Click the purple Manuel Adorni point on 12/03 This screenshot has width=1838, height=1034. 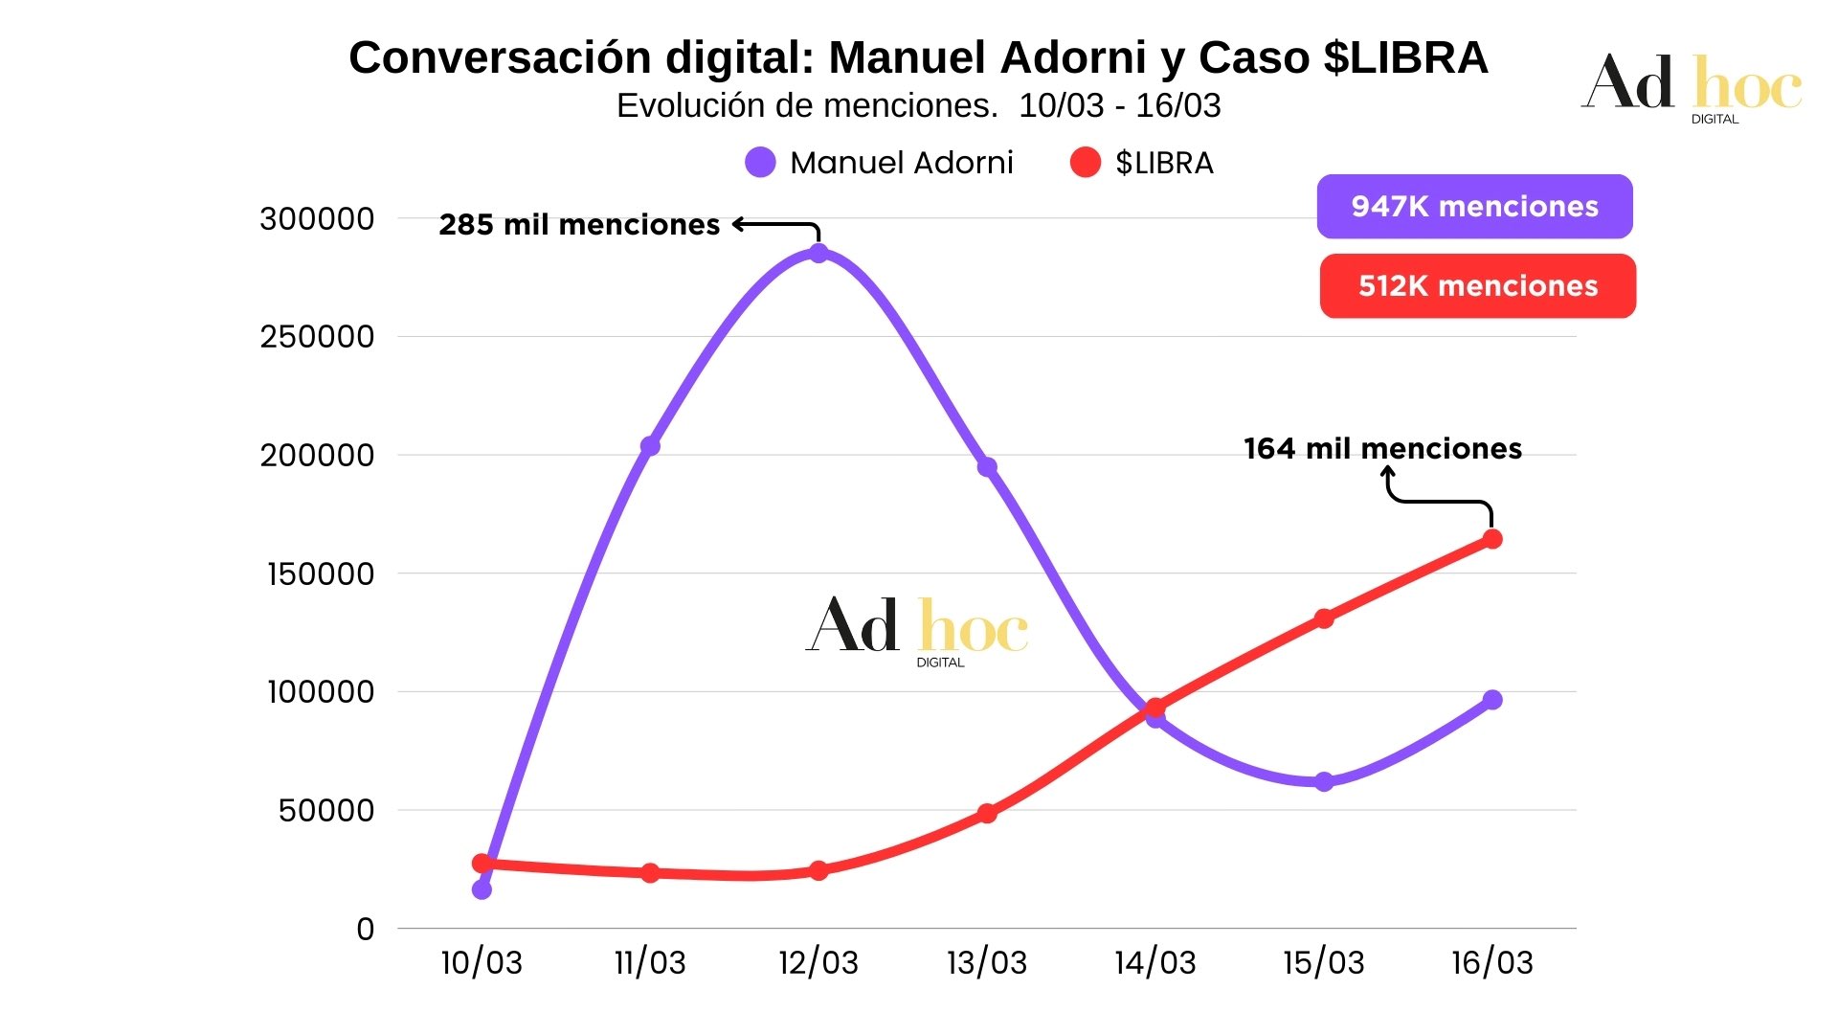pyautogui.click(x=818, y=254)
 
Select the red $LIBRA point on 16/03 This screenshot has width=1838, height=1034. pyautogui.click(x=1492, y=539)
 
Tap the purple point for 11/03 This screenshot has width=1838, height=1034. pyautogui.click(x=650, y=446)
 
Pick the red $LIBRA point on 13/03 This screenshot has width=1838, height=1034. pyautogui.click(x=987, y=814)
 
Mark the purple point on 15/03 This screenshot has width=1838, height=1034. pyautogui.click(x=1324, y=782)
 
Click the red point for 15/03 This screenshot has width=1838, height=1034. pyautogui.click(x=1324, y=618)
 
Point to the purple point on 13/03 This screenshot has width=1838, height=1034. pyautogui.click(x=987, y=467)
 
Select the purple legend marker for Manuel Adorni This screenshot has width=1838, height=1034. pyautogui.click(x=760, y=163)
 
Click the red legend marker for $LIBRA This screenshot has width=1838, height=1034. pyautogui.click(x=1085, y=163)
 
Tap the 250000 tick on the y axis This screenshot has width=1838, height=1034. pyautogui.click(x=317, y=337)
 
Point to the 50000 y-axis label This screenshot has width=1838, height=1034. pyautogui.click(x=325, y=811)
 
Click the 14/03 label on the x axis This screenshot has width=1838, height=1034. pyautogui.click(x=1155, y=962)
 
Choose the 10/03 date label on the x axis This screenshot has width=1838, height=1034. pyautogui.click(x=482, y=962)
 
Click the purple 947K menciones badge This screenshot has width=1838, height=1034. pyautogui.click(x=1474, y=207)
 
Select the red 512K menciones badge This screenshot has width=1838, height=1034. pyautogui.click(x=1477, y=286)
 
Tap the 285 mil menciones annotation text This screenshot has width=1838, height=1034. pyautogui.click(x=579, y=225)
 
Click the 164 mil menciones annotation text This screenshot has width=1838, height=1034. pyautogui.click(x=1382, y=449)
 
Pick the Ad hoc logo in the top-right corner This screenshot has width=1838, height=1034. pyautogui.click(x=1692, y=86)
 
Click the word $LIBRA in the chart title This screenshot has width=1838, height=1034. pyautogui.click(x=1405, y=57)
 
